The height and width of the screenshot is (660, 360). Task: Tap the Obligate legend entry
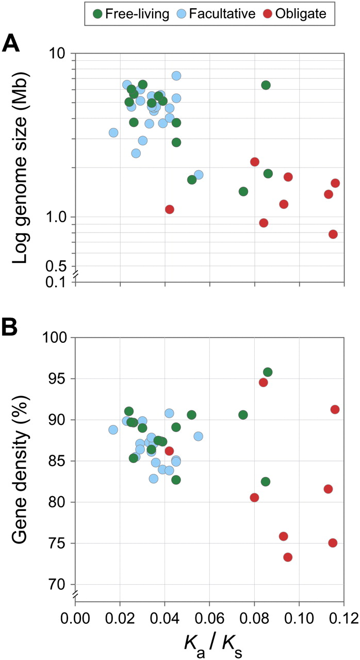pos(301,14)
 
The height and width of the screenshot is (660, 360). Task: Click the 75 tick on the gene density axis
pos(57,543)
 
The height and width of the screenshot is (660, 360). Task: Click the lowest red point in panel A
pos(333,234)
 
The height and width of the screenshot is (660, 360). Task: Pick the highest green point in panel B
pos(268,372)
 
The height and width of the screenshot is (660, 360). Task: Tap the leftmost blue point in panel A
pos(113,133)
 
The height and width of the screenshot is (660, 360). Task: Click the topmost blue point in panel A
pos(176,76)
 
